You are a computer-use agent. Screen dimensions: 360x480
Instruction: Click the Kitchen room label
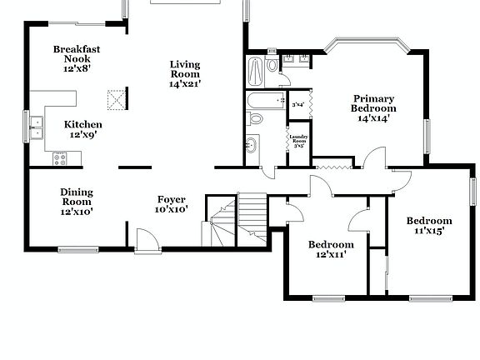pyautogui.click(x=83, y=124)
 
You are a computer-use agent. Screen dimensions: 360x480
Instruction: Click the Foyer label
pyautogui.click(x=172, y=199)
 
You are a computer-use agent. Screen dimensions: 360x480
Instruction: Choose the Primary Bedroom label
pyautogui.click(x=372, y=103)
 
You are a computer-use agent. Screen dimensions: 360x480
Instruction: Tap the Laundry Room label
pyautogui.click(x=297, y=138)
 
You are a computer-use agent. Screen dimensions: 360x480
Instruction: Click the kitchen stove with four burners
pyautogui.click(x=60, y=157)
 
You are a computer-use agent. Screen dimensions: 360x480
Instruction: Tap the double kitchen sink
pyautogui.click(x=37, y=127)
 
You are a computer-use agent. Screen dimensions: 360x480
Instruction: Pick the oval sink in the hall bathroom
pyautogui.click(x=251, y=145)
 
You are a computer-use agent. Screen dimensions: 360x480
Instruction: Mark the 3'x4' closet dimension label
pyautogui.click(x=297, y=104)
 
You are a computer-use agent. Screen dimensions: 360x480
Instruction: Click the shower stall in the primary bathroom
pyautogui.click(x=257, y=72)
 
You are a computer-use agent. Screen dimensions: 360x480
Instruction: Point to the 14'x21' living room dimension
pyautogui.click(x=185, y=83)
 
